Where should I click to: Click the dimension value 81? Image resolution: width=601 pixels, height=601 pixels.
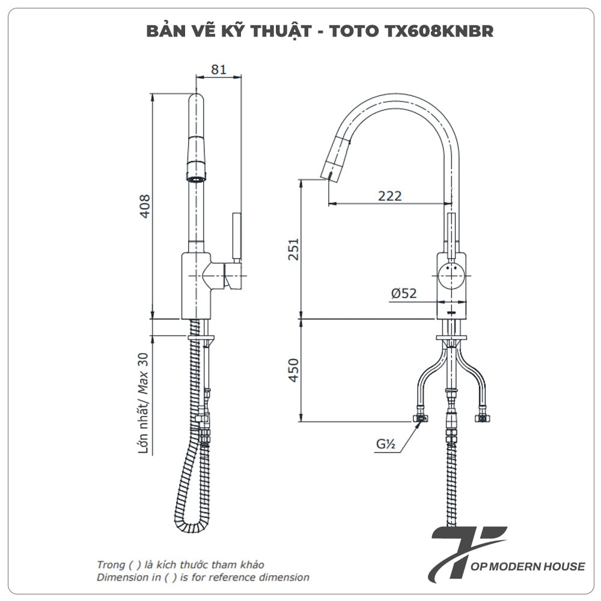click(219, 70)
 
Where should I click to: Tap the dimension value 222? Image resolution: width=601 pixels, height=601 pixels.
click(389, 195)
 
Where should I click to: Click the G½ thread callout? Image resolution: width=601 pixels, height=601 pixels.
click(385, 445)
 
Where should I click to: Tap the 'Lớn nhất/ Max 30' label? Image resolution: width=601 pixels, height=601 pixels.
click(144, 403)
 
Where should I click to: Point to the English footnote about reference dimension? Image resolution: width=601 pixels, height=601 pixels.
click(203, 578)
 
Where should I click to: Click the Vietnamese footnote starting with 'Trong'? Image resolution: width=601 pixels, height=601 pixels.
click(180, 565)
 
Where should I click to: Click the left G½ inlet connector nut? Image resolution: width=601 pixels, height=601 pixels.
click(421, 418)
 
